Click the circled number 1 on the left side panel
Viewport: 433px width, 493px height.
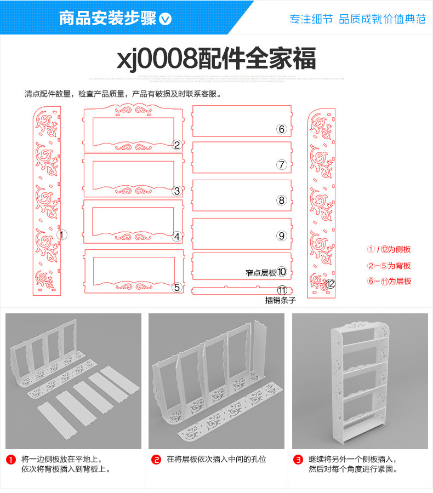62,235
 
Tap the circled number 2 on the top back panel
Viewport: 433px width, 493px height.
176,145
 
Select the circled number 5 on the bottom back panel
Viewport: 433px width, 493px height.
176,287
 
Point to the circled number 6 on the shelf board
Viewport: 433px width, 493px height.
282,129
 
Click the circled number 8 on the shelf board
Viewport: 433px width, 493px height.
282,200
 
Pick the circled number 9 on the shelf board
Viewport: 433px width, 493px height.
282,236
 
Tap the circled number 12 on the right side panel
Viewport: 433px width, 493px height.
330,284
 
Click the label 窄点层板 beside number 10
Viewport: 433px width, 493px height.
260,272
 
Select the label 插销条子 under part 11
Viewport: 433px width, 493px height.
280,300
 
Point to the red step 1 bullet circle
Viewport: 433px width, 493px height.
10,459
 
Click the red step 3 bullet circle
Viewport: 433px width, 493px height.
298,459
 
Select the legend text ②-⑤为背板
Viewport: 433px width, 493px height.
389,266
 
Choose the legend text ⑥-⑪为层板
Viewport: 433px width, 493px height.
389,281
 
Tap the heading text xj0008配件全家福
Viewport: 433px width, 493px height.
216,58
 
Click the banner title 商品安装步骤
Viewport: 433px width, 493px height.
107,19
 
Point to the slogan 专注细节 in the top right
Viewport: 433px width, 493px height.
311,19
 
